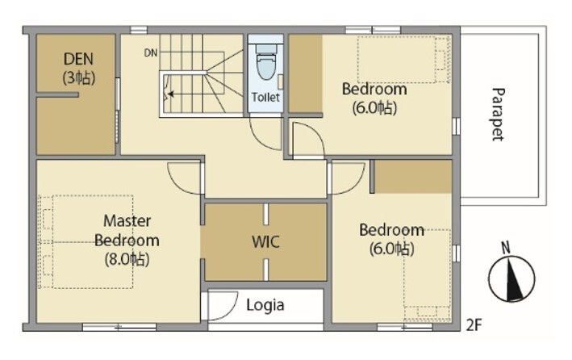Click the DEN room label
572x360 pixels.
coord(78,59)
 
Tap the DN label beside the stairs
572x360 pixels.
coord(151,53)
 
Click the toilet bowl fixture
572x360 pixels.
coord(266,62)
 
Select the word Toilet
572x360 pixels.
coord(265,97)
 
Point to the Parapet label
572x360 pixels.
coord(498,115)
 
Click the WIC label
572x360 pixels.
coord(265,242)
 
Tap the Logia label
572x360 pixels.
coord(265,305)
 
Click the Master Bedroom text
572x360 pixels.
coord(127,231)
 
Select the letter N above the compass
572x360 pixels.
coord(506,249)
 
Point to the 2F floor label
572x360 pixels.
coord(474,324)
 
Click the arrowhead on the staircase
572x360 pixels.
coord(170,94)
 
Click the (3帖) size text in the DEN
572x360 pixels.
coord(79,77)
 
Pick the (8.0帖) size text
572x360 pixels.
coord(127,260)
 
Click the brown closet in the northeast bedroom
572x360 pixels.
coord(305,73)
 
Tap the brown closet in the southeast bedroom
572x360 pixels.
coord(413,177)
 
